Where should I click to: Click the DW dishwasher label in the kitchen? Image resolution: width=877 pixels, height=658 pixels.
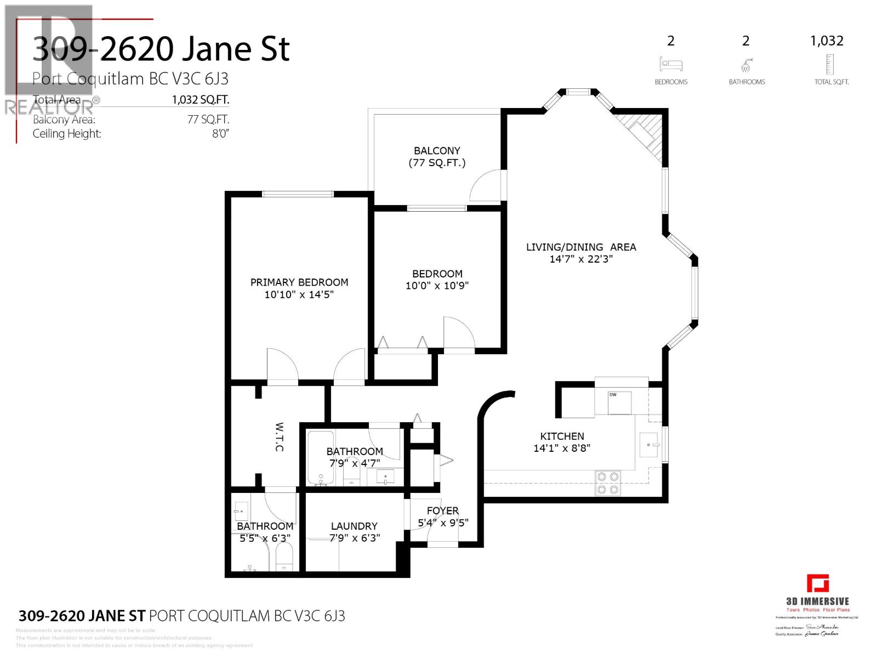[612, 395]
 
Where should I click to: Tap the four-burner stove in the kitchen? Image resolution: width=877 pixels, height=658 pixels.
[607, 483]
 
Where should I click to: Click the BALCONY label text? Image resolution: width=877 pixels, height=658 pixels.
[437, 150]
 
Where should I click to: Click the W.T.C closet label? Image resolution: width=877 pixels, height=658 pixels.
[278, 436]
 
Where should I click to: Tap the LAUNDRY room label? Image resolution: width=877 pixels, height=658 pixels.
[354, 526]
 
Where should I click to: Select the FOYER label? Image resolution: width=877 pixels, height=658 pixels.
[442, 510]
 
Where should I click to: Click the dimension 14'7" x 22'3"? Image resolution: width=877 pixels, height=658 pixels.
[581, 259]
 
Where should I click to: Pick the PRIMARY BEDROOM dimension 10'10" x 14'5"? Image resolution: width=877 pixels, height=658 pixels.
[299, 294]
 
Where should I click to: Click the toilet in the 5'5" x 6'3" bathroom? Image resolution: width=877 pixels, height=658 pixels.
[284, 557]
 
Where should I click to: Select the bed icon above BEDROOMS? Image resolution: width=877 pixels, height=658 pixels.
[670, 64]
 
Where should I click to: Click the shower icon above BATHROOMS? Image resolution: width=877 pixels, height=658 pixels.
[745, 66]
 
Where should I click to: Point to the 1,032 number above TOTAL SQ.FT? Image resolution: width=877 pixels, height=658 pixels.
[827, 41]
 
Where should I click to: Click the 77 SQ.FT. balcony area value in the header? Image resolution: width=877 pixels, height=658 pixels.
[208, 119]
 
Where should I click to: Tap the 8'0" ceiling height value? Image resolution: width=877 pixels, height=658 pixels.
[220, 133]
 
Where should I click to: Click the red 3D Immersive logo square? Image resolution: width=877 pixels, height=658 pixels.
[817, 583]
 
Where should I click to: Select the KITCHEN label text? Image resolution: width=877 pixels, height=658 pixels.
[562, 436]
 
